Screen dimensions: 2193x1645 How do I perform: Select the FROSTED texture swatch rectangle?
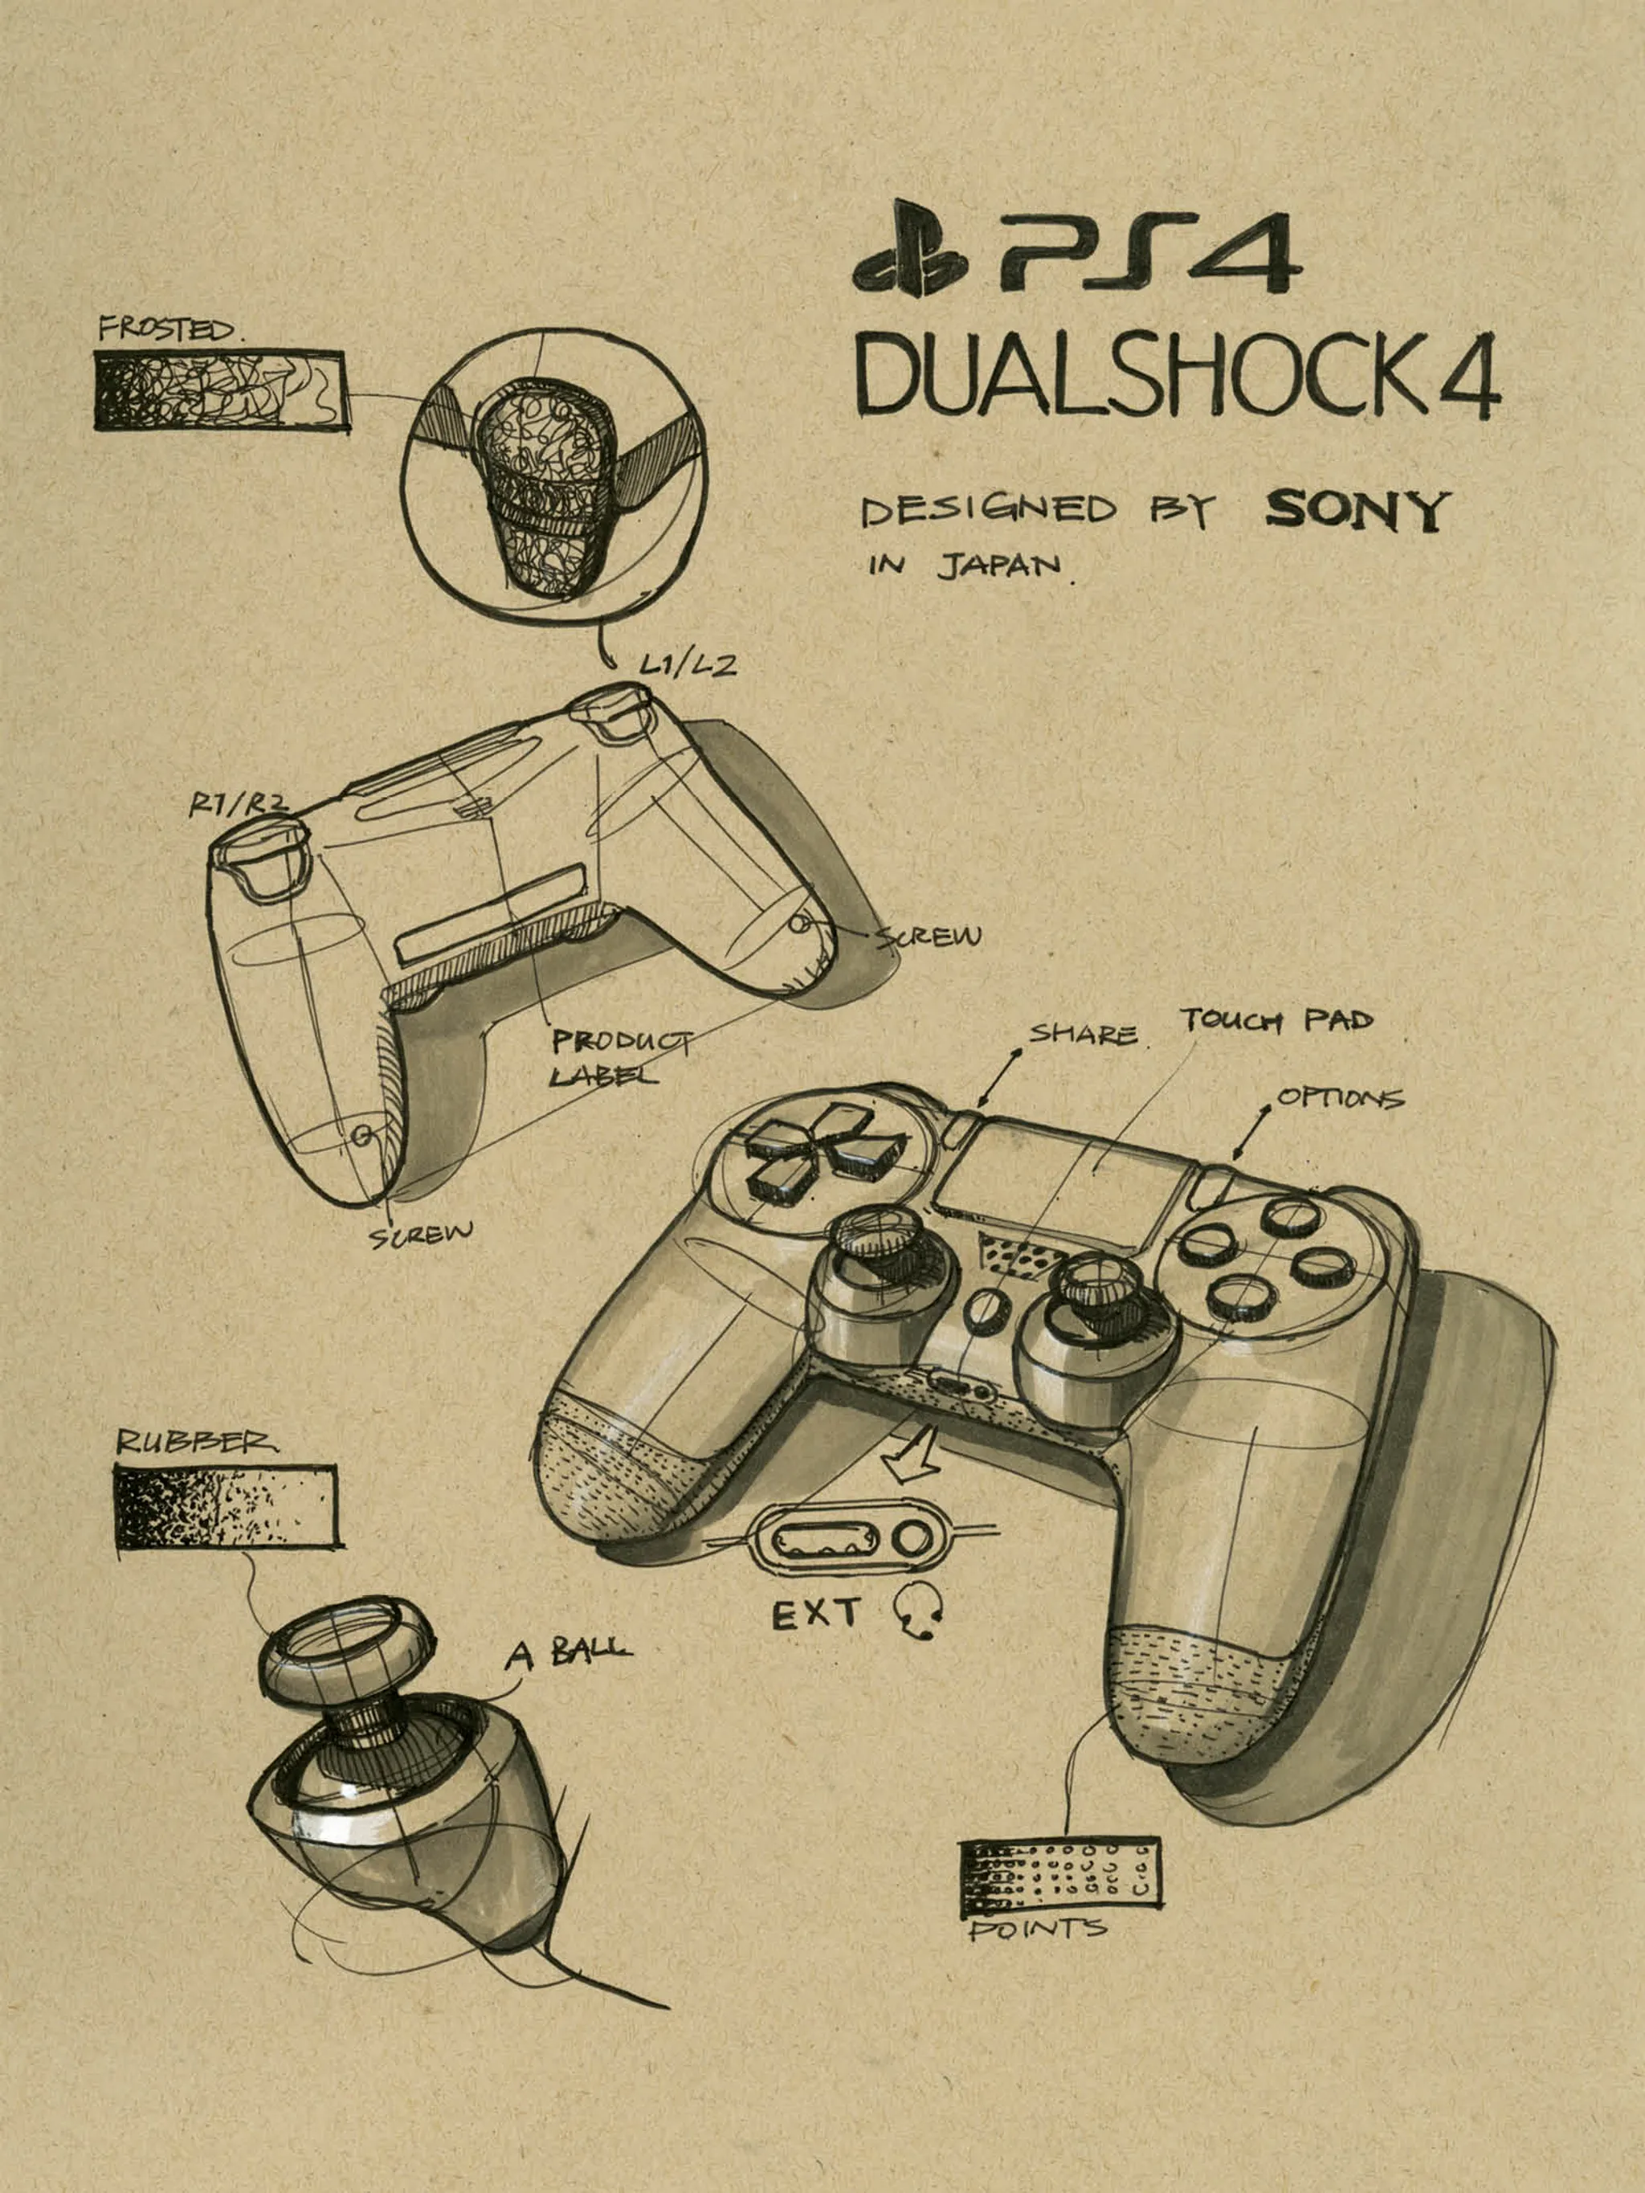(x=219, y=392)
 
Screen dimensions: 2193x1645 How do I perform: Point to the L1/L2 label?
(x=687, y=665)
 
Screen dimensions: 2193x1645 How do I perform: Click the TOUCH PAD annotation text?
(x=1276, y=1019)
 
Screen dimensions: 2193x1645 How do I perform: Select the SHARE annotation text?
(x=1082, y=1035)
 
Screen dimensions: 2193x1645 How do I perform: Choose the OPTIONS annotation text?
(x=1340, y=1097)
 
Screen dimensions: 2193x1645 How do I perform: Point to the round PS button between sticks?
(x=982, y=1309)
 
